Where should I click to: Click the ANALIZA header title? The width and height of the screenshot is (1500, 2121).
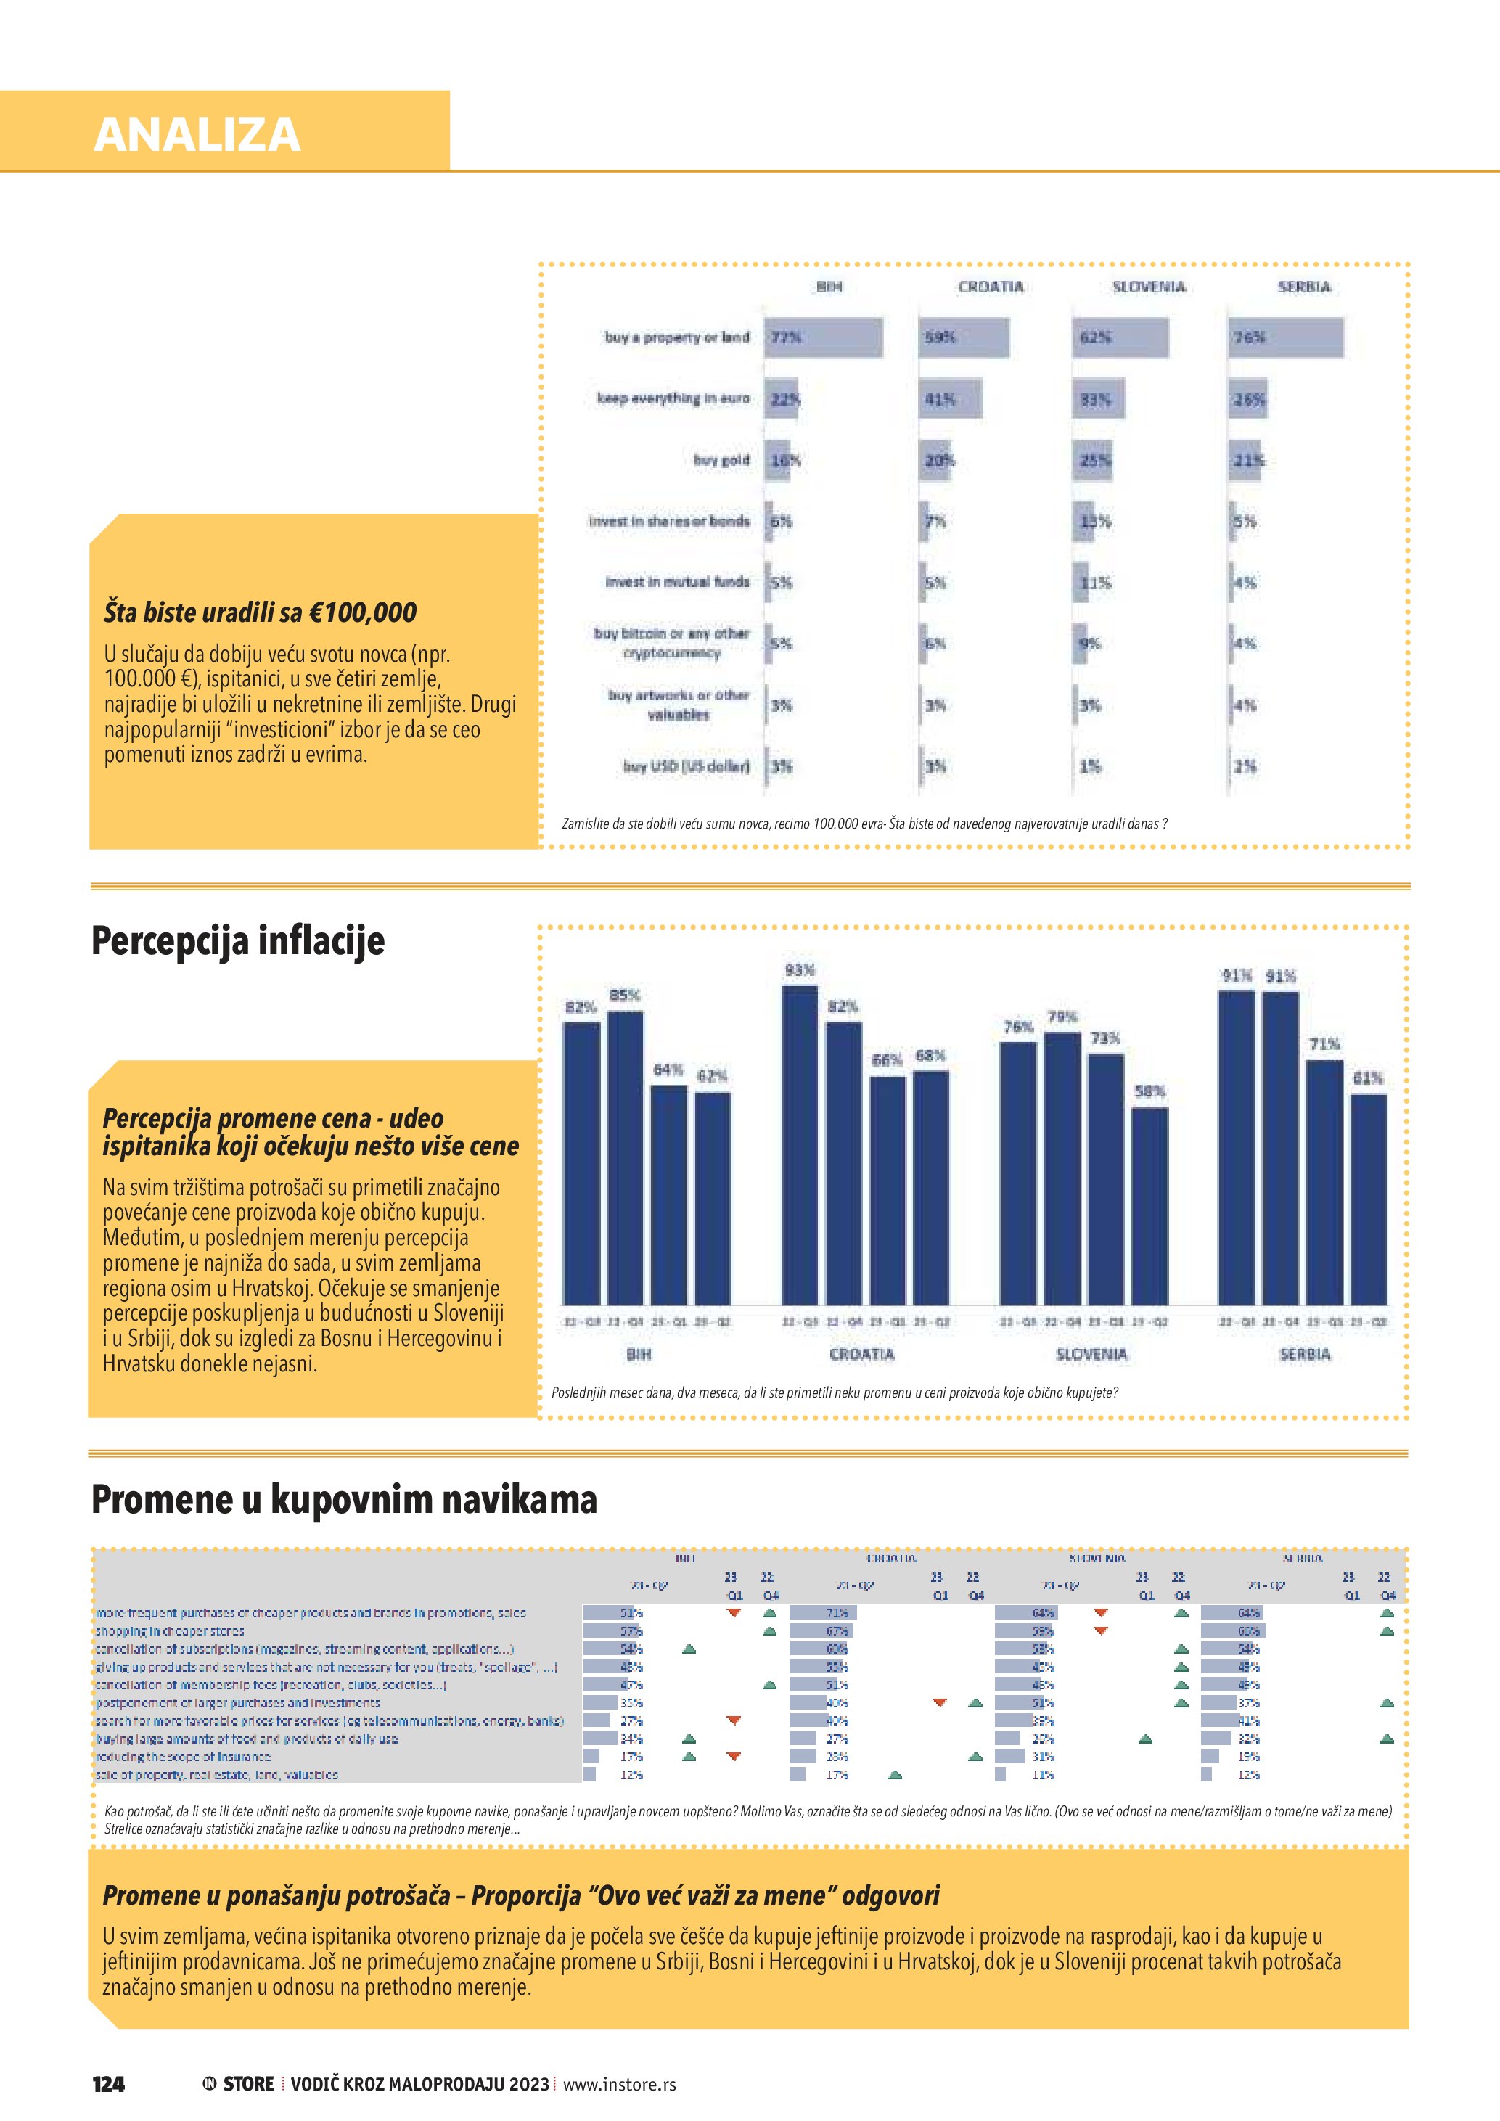(x=197, y=134)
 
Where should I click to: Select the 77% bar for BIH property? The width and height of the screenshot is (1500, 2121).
(x=823, y=338)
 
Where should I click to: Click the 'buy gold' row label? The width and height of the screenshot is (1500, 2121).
(x=721, y=460)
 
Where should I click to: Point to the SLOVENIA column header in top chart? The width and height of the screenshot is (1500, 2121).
(x=1148, y=287)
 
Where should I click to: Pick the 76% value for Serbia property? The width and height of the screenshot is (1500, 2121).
(x=1249, y=338)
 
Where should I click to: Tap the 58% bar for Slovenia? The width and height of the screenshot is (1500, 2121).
(x=1149, y=1205)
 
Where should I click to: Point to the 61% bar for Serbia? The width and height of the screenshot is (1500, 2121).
(x=1368, y=1198)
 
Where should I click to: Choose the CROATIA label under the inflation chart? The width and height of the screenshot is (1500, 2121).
(x=862, y=1354)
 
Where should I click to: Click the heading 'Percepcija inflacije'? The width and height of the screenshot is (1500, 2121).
(x=237, y=941)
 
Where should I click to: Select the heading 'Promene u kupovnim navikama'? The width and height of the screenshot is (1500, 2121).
(x=343, y=1498)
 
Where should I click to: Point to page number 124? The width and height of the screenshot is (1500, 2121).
(x=108, y=2083)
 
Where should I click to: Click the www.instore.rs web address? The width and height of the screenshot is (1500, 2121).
(x=619, y=2084)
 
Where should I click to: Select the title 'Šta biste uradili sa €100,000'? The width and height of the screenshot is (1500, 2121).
(x=260, y=612)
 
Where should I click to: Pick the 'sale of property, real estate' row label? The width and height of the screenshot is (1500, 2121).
(x=217, y=1775)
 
